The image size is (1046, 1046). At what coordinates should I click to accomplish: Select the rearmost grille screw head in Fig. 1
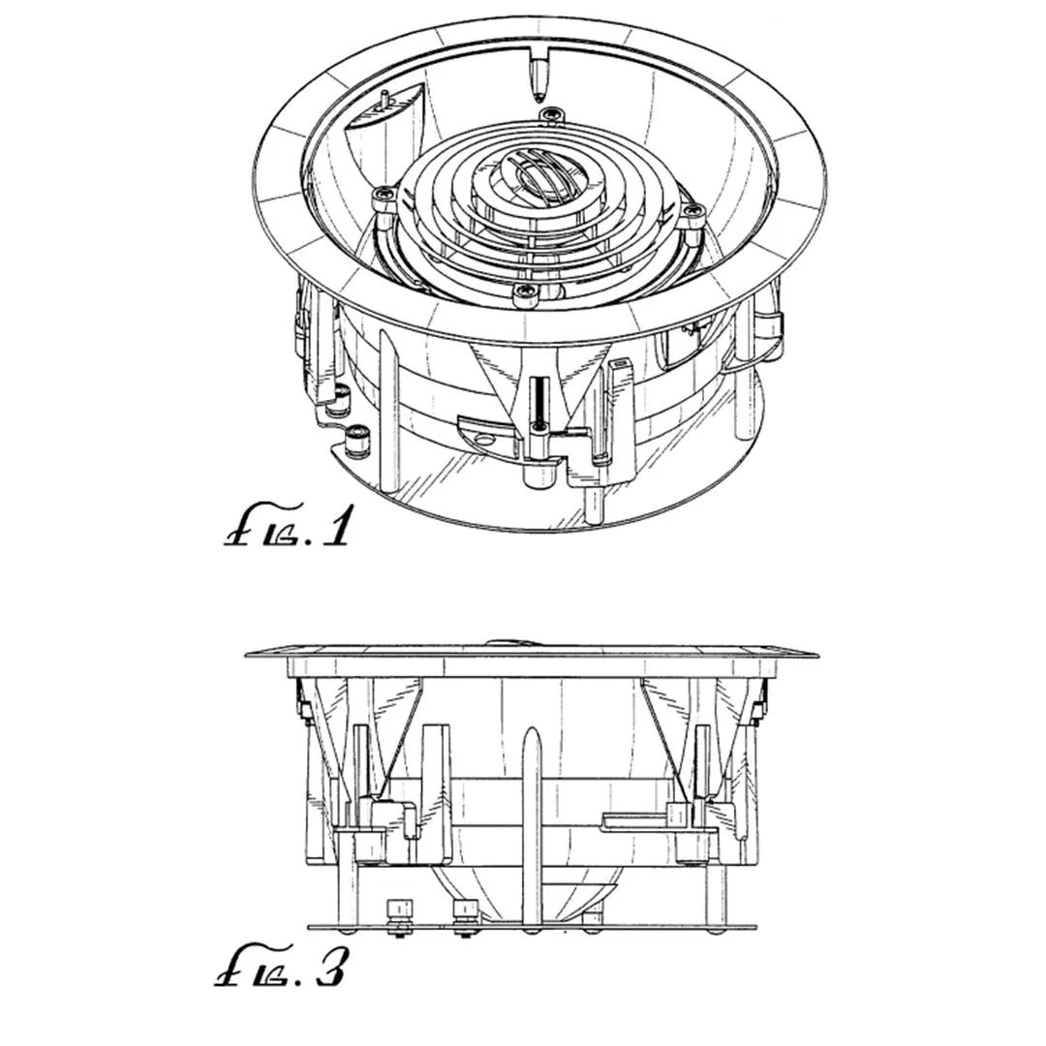click(x=549, y=114)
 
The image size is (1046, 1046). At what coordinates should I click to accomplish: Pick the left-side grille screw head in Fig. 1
click(x=383, y=196)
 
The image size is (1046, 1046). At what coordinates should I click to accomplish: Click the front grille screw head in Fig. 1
click(x=524, y=292)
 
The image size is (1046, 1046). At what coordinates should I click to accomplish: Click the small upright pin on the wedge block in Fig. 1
click(x=385, y=100)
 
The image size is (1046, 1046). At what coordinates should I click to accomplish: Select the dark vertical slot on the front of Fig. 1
click(x=538, y=401)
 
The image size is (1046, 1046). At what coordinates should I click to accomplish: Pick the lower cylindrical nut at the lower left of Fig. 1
click(x=357, y=440)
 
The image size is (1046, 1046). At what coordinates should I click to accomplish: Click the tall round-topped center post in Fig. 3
click(x=531, y=827)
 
